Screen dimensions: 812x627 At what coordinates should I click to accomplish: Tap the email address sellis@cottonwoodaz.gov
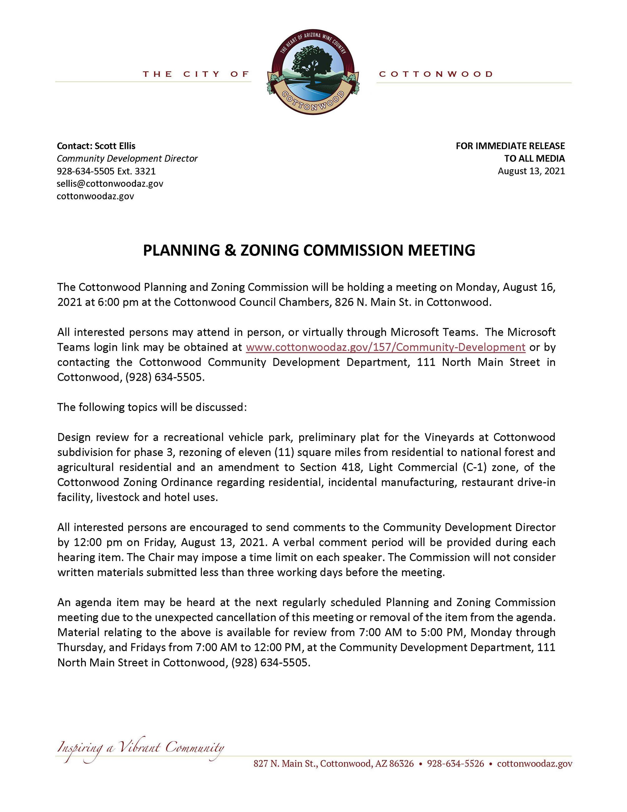point(110,184)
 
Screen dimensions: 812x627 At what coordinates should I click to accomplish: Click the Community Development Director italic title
point(127,158)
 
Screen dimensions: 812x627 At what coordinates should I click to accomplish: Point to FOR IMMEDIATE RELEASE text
point(510,146)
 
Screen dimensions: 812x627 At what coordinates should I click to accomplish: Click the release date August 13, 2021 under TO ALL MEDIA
point(531,171)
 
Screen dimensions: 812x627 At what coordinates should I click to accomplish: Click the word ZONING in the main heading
point(270,250)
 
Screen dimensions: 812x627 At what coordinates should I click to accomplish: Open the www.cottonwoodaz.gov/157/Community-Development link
point(385,347)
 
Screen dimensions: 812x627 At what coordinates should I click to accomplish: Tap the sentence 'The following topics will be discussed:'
point(152,407)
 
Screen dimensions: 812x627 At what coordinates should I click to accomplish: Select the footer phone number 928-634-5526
point(455,764)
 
